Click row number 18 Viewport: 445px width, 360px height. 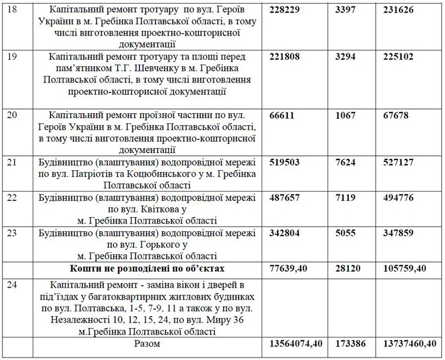(12, 11)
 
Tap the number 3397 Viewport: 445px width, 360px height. (347, 11)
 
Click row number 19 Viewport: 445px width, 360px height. (12, 57)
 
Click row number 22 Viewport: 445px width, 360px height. (12, 197)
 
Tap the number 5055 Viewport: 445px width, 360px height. (347, 232)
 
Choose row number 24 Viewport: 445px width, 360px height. (12, 285)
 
